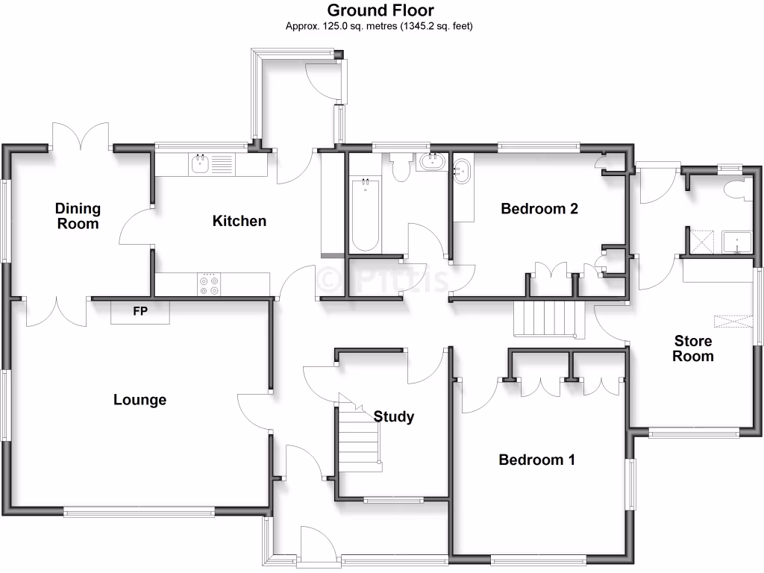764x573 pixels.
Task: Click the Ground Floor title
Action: (x=381, y=10)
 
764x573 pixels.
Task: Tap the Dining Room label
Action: (x=78, y=216)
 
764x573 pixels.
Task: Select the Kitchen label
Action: (x=239, y=221)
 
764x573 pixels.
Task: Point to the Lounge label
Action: (x=140, y=400)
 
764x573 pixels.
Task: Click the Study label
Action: (x=393, y=416)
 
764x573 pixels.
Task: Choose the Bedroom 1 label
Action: (x=536, y=460)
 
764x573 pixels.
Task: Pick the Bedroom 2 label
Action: (x=539, y=208)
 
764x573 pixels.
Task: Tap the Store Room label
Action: (x=692, y=348)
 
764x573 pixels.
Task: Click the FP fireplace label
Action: (x=140, y=311)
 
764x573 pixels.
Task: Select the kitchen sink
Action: (x=199, y=164)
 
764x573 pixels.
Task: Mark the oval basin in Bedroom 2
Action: (x=463, y=171)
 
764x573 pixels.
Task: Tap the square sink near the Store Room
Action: (x=737, y=242)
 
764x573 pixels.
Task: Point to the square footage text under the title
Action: (x=381, y=26)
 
